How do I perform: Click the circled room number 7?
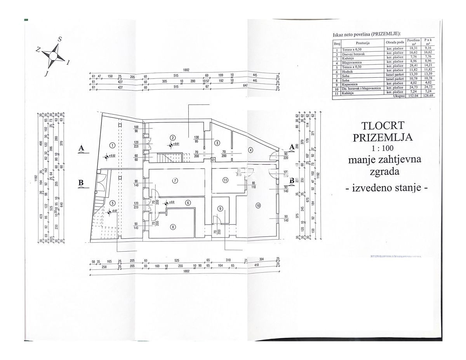(176, 181)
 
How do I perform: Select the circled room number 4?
(251, 150)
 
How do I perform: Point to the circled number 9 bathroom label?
(220, 209)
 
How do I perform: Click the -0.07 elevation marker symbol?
(110, 212)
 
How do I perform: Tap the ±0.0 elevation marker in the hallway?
(166, 203)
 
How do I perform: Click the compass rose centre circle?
(52, 56)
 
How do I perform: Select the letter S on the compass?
(60, 39)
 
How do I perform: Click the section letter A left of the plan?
(82, 148)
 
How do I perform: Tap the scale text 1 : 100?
(383, 148)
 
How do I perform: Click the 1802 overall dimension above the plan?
(186, 70)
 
